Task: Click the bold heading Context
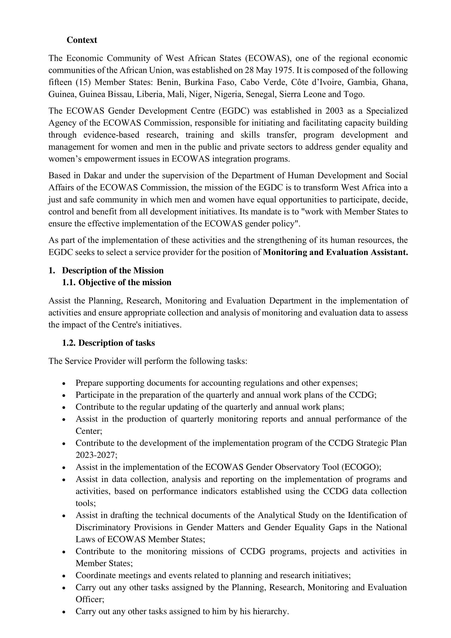82,40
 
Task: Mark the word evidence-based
111,135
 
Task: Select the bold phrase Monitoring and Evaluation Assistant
335,252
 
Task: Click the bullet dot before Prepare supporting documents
64,384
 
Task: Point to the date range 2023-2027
96,455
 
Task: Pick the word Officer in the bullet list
89,599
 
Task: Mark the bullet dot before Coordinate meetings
64,576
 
